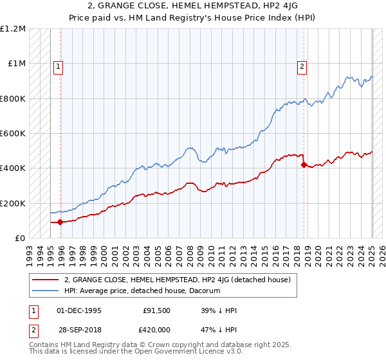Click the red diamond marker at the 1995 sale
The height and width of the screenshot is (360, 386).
tap(60, 222)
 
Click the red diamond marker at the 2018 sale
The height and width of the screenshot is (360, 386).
tap(304, 165)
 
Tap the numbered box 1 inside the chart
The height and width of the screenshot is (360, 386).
tap(58, 65)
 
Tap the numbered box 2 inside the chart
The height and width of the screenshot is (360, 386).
tap(302, 65)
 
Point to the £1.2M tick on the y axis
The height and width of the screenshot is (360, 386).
tap(12, 29)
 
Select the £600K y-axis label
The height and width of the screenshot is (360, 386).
tap(12, 134)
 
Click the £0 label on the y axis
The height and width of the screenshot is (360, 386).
tap(20, 239)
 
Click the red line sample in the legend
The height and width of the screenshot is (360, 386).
tap(47, 280)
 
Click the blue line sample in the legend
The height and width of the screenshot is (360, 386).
tap(47, 291)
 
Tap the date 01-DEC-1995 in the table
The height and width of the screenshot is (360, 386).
tap(79, 310)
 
